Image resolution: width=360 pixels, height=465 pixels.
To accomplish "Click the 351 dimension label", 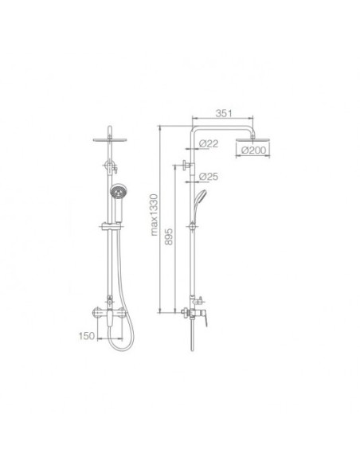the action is click(224, 113).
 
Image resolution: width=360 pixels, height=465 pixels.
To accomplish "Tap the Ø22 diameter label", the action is click(209, 143).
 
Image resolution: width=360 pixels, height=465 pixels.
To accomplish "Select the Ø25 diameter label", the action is click(209, 177).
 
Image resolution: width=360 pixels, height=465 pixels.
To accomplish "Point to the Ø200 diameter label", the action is click(253, 150).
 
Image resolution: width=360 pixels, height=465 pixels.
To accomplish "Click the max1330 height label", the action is click(154, 215).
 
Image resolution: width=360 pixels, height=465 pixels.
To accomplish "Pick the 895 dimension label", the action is click(168, 236).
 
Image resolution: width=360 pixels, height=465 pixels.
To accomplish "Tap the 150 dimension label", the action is click(87, 336).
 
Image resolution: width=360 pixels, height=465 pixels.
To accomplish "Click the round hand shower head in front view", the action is click(117, 192).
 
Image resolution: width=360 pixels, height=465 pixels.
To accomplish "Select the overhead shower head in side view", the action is click(253, 139).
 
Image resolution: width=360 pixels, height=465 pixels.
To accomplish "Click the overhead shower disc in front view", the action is click(110, 139).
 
